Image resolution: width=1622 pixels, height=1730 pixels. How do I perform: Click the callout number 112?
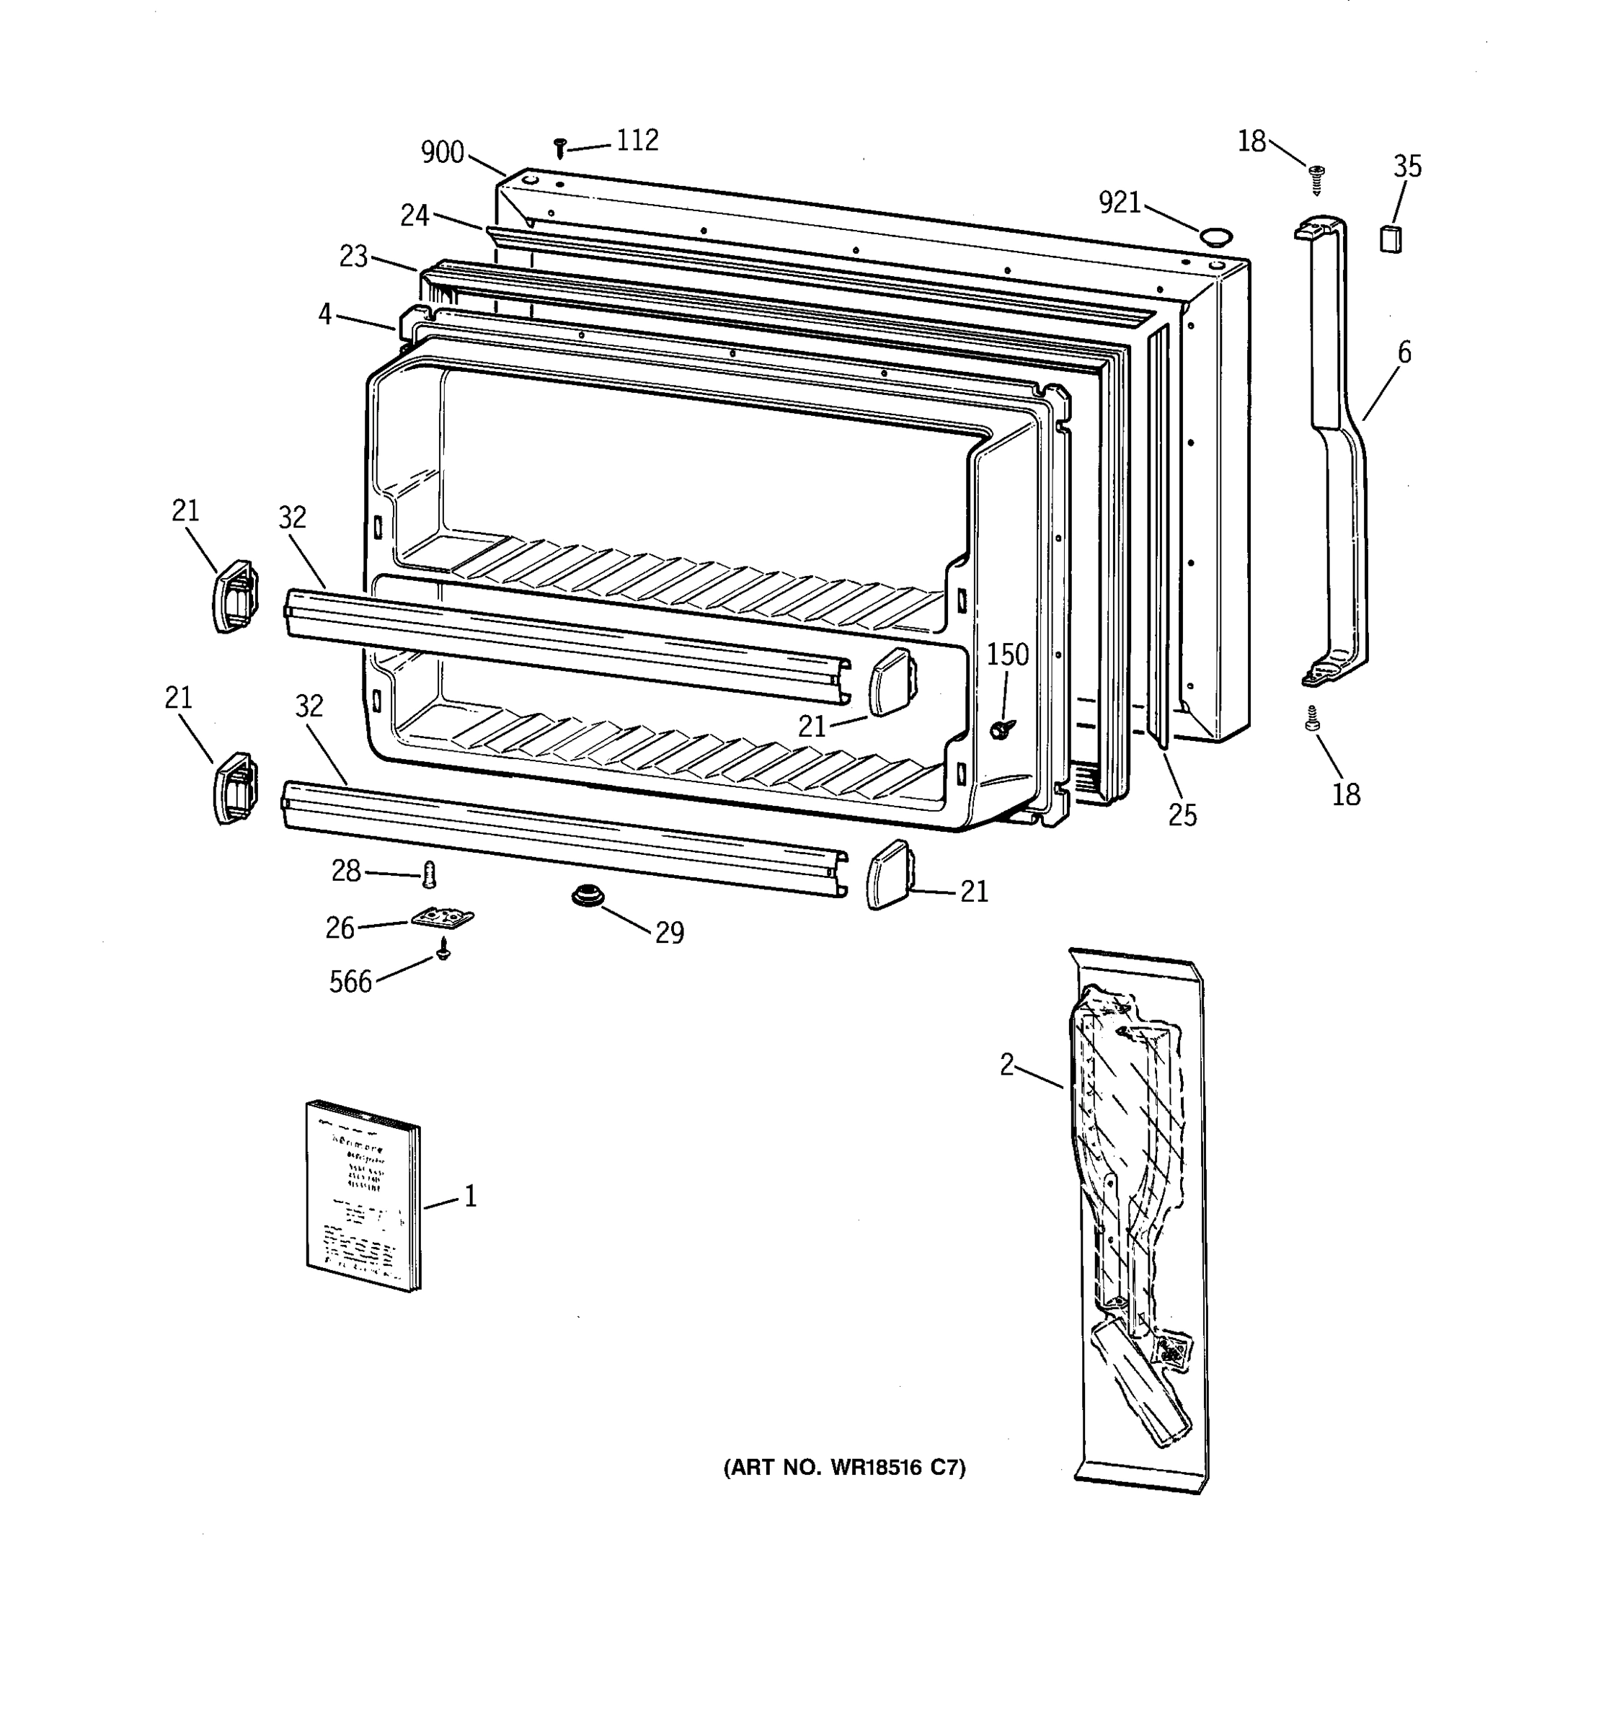click(637, 140)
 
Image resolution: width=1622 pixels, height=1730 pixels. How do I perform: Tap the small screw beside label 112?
click(560, 148)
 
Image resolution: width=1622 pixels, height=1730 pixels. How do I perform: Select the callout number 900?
click(442, 152)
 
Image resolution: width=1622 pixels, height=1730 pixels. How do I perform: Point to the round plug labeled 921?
click(1215, 235)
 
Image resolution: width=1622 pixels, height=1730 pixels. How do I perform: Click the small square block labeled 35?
click(1391, 238)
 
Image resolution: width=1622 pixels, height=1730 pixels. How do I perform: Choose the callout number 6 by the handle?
click(1404, 352)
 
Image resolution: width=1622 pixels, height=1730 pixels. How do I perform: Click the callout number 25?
click(1182, 815)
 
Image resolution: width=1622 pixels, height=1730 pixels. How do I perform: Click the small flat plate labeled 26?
click(443, 919)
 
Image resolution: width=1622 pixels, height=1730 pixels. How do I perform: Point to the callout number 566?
click(350, 982)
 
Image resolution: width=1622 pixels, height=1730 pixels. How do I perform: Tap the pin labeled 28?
click(428, 874)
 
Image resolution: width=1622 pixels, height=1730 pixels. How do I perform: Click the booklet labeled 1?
click(363, 1196)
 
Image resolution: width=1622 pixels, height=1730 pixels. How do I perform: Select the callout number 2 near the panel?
click(1007, 1064)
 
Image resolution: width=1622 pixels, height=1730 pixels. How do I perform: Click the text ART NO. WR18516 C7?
click(844, 1468)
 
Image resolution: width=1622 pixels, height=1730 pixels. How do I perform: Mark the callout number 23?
click(353, 257)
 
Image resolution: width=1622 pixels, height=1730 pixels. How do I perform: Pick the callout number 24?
click(415, 215)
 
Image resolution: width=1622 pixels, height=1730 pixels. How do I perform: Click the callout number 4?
click(324, 314)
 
